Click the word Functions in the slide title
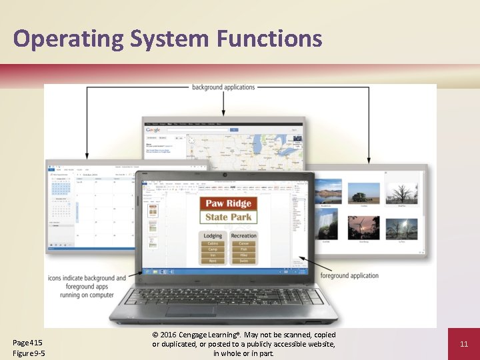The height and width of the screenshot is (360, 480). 269,39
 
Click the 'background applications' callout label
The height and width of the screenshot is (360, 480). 223,87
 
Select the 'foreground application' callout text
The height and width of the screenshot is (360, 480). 349,276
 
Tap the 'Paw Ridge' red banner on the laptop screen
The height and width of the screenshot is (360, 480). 229,203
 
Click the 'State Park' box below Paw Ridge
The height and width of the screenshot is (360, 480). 229,217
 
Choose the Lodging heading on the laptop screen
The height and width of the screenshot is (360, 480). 213,235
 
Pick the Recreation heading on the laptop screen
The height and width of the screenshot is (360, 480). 243,235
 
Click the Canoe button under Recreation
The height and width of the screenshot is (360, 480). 243,244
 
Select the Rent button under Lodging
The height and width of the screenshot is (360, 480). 213,261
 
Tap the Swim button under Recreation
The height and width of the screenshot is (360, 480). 243,261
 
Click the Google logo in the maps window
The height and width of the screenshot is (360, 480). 153,130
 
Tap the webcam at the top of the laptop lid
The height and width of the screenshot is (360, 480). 225,175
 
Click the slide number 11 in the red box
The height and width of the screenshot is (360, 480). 464,344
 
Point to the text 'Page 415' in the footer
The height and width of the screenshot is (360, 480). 27,342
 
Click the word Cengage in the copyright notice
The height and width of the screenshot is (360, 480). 200,335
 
